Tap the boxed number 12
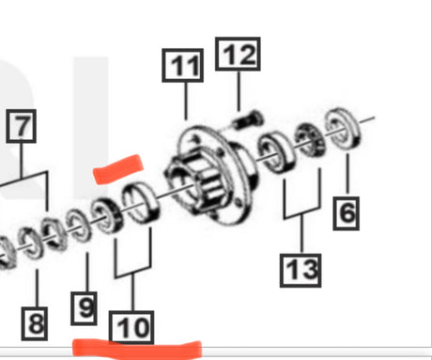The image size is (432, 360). pos(239,55)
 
